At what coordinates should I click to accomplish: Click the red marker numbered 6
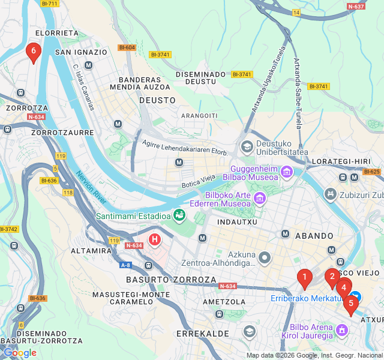34,52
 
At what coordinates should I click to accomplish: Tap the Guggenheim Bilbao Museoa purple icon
287,173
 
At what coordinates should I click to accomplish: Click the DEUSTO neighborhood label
157,100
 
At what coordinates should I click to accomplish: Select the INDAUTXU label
237,222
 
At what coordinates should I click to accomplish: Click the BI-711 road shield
50,4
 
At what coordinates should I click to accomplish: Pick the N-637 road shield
356,7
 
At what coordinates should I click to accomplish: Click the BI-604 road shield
127,47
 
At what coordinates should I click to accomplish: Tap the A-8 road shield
125,265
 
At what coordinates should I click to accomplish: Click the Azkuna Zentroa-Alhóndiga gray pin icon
265,257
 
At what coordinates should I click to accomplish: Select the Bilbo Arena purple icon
342,329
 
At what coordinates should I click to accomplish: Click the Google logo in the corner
19,353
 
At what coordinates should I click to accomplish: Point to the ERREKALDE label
202,333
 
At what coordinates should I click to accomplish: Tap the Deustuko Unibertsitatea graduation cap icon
247,147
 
